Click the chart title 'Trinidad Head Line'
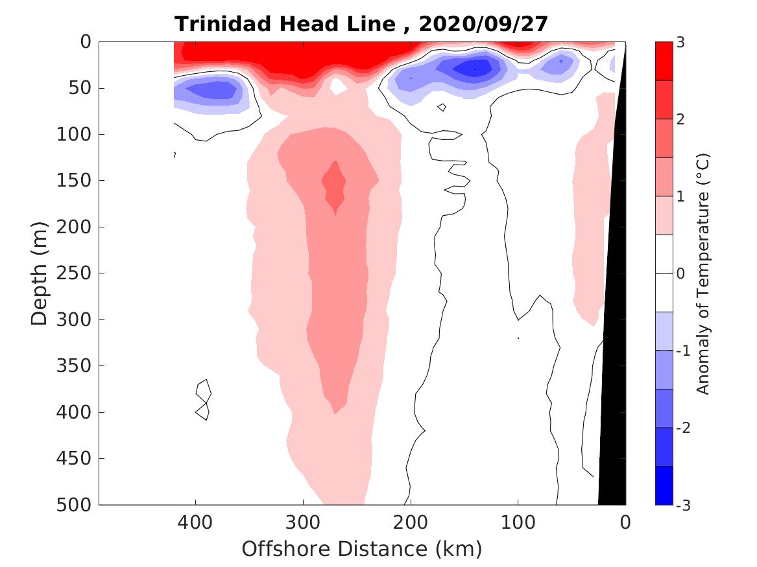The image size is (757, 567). click(285, 24)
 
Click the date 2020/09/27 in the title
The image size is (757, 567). click(483, 24)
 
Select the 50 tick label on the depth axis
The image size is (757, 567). click(82, 87)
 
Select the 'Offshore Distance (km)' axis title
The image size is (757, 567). click(362, 550)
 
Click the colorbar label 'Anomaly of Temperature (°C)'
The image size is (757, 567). click(703, 273)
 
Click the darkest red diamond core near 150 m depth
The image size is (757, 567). click(335, 185)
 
